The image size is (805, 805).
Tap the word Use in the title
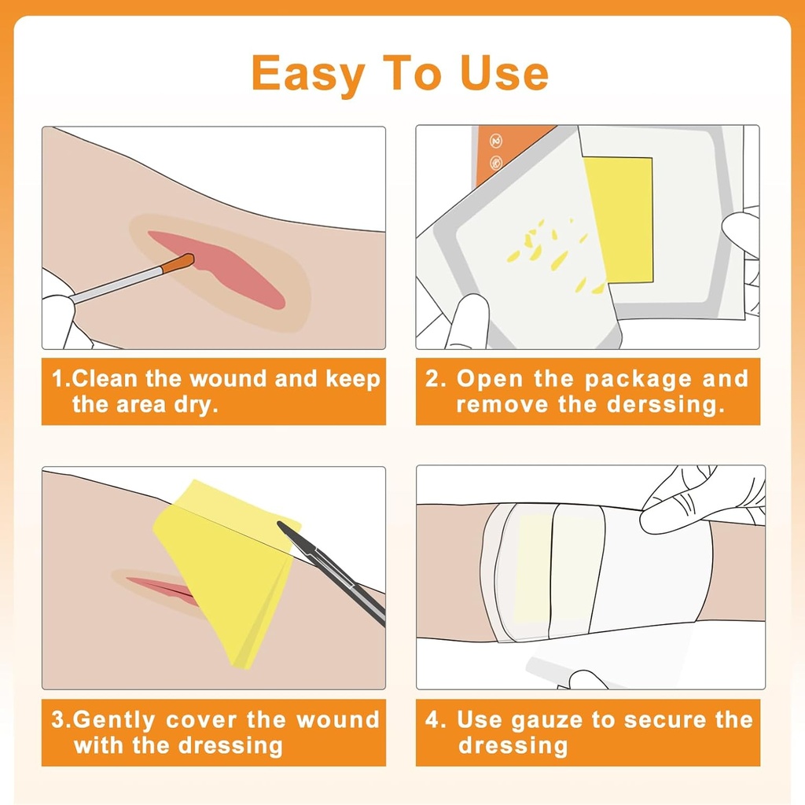[x=504, y=72]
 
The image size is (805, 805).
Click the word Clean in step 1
[x=105, y=379]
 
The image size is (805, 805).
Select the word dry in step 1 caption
[x=196, y=405]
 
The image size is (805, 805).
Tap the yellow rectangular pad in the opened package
[x=619, y=220]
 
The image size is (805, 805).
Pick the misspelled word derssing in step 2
[x=666, y=405]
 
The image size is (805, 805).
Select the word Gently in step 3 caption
[x=113, y=721]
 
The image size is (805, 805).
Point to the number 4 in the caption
[x=432, y=720]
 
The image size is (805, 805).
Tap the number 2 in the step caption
[x=432, y=379]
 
